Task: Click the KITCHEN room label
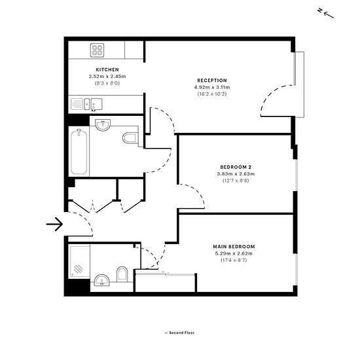click(x=107, y=69)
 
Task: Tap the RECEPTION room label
click(x=212, y=81)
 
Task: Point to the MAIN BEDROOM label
click(x=234, y=247)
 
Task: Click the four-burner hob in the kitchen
click(x=97, y=50)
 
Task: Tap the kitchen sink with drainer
click(x=86, y=104)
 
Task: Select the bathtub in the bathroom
click(x=79, y=152)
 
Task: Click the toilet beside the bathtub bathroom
click(x=130, y=138)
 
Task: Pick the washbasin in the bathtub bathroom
click(x=103, y=125)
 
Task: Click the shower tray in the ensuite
click(x=79, y=261)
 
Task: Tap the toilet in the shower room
click(x=122, y=274)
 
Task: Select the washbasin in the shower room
click(x=102, y=280)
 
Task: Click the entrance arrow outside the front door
click(x=54, y=224)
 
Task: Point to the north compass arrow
click(x=329, y=15)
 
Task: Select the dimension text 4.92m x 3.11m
click(x=212, y=87)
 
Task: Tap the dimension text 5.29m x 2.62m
click(x=234, y=253)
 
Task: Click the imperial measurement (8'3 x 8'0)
click(x=107, y=83)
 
